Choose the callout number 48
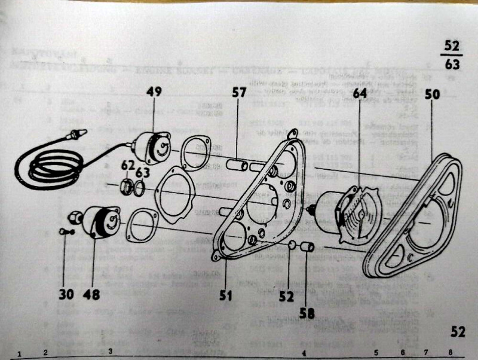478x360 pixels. coord(91,294)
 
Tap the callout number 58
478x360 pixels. coord(307,312)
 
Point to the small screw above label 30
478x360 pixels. coord(65,231)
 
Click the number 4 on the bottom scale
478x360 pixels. coord(304,353)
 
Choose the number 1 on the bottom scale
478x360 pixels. coord(19,353)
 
